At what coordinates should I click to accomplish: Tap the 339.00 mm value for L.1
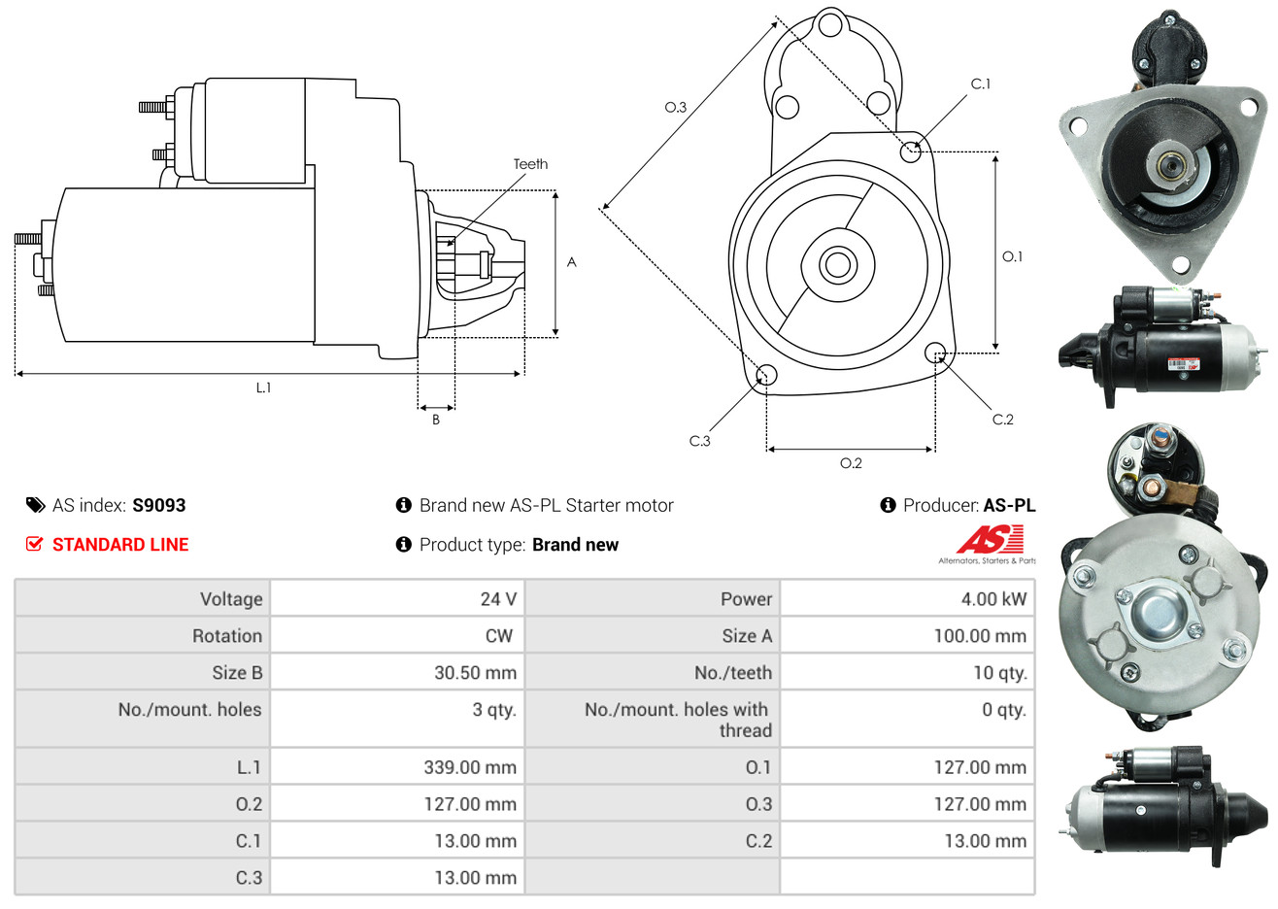point(470,767)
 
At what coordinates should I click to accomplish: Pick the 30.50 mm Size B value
point(475,672)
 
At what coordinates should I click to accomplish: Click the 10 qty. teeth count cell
point(999,673)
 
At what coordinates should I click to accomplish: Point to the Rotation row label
point(227,636)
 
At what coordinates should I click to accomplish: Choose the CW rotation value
point(498,636)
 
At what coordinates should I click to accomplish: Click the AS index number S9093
point(159,505)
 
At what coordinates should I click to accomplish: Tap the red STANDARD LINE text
point(120,545)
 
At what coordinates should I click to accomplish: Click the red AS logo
point(990,539)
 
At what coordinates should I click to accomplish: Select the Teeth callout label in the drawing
point(530,164)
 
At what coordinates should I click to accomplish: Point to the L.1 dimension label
point(263,387)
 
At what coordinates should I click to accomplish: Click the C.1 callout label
point(980,84)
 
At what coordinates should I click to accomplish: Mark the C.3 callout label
point(699,441)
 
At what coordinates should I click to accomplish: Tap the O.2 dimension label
point(851,463)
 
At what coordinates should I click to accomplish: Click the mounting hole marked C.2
point(935,353)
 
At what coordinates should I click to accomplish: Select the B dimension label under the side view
point(436,420)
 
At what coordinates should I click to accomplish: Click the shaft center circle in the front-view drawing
point(837,265)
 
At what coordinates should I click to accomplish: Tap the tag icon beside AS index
point(35,505)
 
